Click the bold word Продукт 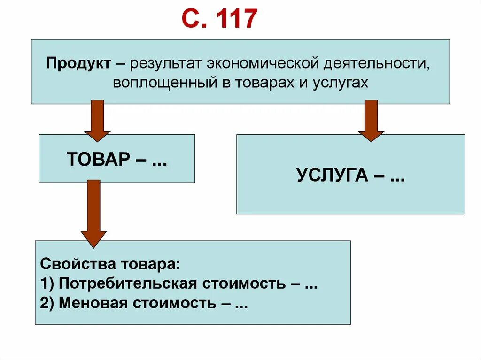coord(78,63)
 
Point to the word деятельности coord(377,63)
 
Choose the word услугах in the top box coord(340,82)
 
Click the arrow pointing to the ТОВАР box coord(97,120)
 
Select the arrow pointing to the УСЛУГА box coord(371,120)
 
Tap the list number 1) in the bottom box coord(47,283)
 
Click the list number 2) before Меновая coord(47,303)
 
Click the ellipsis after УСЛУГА coord(397,176)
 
